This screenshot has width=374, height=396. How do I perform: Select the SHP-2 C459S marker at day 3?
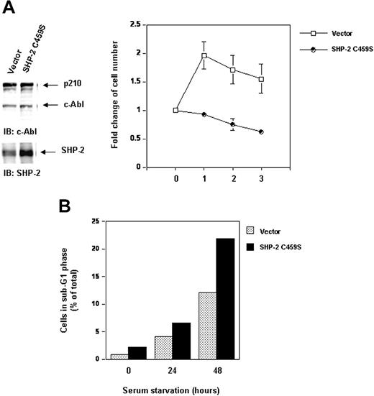[260, 132]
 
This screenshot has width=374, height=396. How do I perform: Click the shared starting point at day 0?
[175, 110]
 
